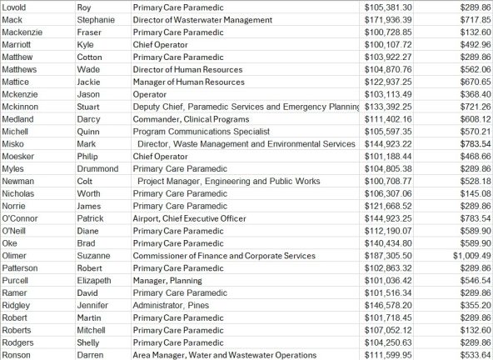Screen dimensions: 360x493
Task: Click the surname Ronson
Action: pos(18,355)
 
